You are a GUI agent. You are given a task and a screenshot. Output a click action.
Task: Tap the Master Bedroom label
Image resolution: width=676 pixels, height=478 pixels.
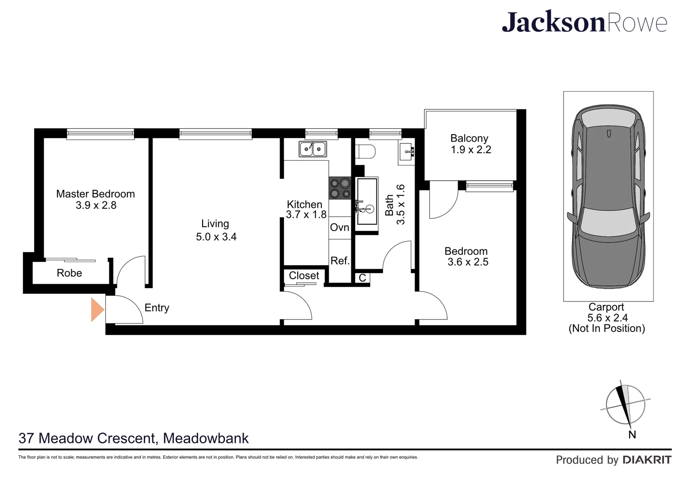coord(96,194)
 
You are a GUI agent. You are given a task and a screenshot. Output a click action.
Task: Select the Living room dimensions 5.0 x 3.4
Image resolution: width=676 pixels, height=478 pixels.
coord(216,237)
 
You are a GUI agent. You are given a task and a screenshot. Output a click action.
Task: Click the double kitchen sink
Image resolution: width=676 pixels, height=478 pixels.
coord(312,149)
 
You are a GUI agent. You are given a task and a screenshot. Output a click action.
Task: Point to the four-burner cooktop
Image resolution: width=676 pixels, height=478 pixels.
coord(340,188)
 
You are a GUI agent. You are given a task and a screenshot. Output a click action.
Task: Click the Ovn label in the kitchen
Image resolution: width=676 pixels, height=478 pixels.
coord(339,227)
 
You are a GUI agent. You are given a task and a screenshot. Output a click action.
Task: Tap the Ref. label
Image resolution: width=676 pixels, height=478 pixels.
coord(340,261)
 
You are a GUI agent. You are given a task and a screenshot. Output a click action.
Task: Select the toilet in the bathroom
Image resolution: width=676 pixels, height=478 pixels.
coord(365,151)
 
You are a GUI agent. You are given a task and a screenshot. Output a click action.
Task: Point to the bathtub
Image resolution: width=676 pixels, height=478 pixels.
coord(367,201)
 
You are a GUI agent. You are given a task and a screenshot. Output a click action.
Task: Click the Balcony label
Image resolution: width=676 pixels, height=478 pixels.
coord(469,139)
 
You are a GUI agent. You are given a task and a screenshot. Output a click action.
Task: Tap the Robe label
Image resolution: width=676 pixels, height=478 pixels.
coord(69,273)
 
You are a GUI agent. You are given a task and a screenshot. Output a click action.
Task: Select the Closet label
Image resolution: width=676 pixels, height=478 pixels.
coord(304,276)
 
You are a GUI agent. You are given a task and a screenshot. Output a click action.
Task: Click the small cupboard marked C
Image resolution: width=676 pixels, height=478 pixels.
coord(362,278)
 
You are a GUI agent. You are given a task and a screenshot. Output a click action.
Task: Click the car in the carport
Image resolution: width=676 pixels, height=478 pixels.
coord(608,197)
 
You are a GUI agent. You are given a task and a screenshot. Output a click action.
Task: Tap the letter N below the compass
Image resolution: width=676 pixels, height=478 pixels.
coord(632,435)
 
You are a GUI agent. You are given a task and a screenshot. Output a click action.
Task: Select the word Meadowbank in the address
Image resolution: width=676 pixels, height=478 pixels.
coord(206,438)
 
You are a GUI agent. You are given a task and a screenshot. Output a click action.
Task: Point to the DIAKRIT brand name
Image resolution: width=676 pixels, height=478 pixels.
coord(647,460)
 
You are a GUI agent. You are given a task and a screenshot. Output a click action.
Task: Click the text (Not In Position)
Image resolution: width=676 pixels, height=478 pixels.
coord(607,328)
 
